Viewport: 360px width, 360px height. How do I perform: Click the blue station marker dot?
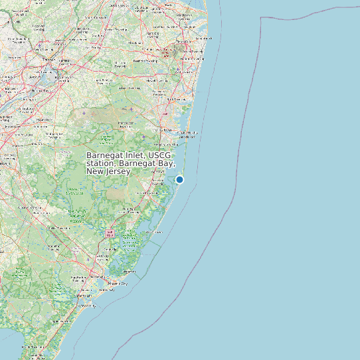tap(179, 179)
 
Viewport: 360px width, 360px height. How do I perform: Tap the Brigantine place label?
tap(130, 272)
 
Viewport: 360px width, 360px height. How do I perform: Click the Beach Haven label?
tap(154, 232)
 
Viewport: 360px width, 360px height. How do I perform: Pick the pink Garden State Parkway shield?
tap(110, 233)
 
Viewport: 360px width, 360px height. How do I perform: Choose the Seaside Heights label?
tap(187, 132)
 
